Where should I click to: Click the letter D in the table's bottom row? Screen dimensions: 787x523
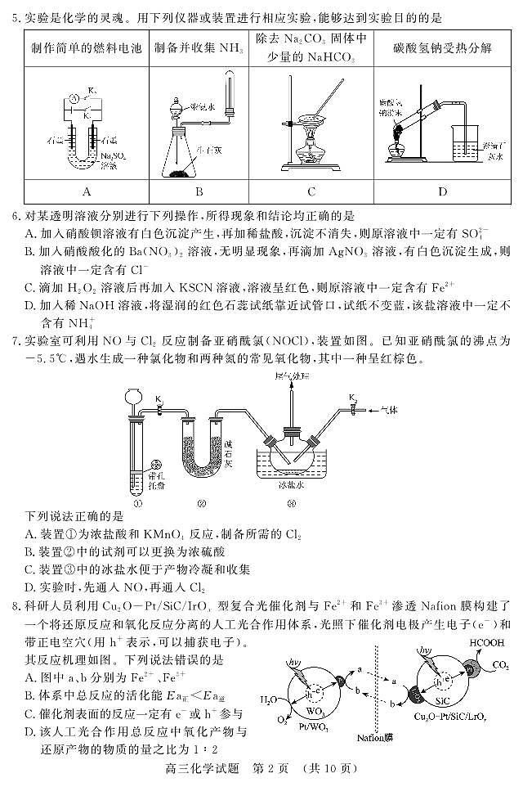[x=442, y=192]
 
